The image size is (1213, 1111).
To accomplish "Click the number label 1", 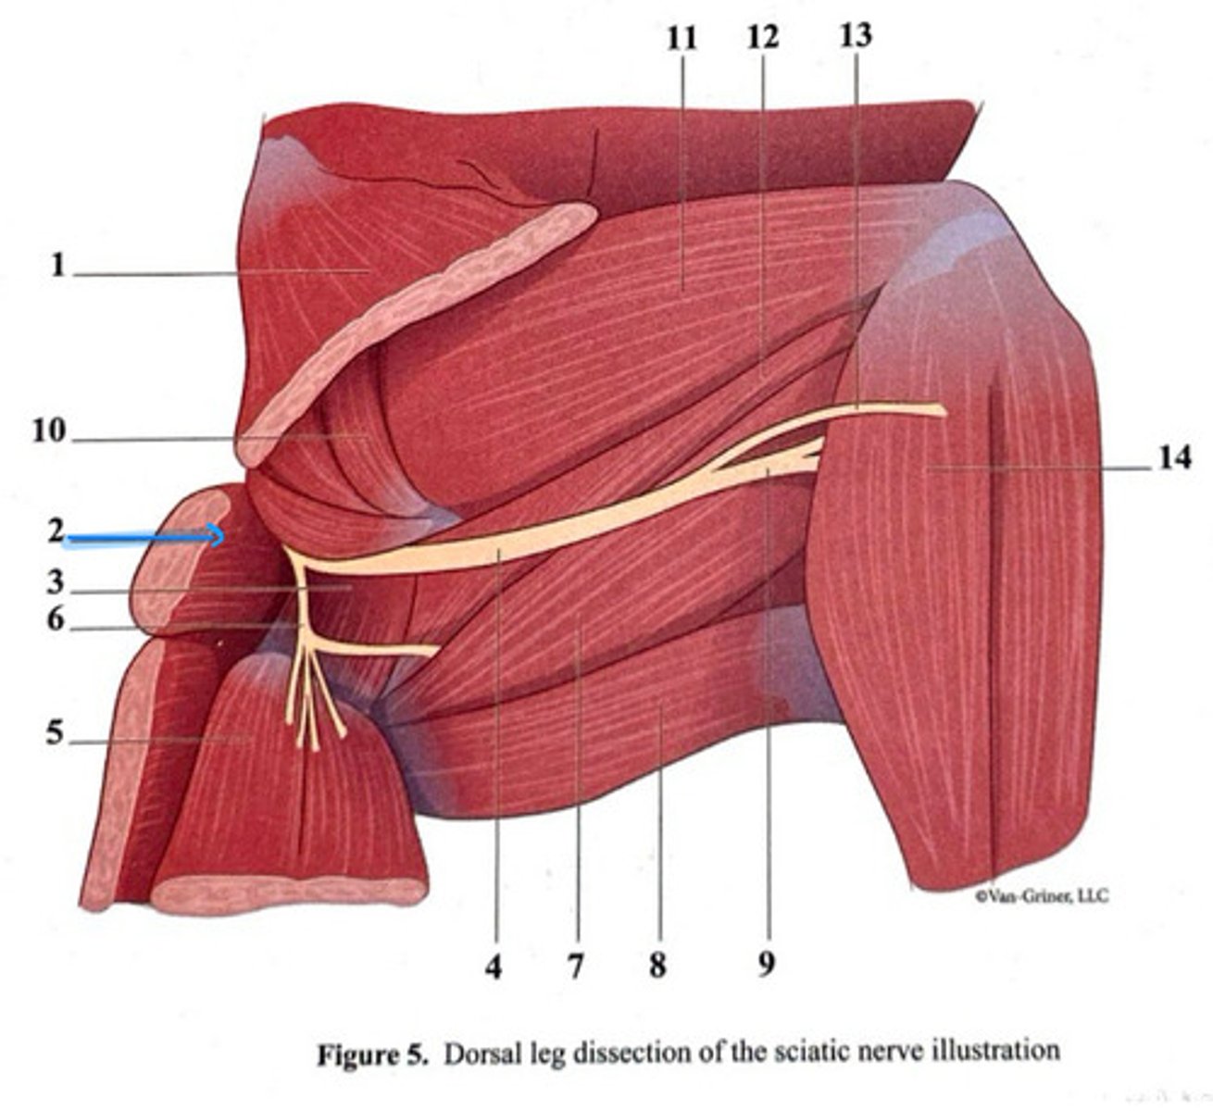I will click(57, 267).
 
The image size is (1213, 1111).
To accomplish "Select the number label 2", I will click(56, 531).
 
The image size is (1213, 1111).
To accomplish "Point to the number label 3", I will click(56, 583).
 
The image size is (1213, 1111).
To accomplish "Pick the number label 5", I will click(56, 734).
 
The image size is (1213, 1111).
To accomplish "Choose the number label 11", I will click(681, 38).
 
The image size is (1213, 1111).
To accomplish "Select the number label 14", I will click(1173, 458).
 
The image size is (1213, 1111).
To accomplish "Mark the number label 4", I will click(494, 967).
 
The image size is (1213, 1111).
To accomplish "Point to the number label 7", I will click(576, 967).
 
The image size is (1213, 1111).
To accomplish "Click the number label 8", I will click(657, 967).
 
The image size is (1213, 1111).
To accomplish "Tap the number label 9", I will click(765, 966).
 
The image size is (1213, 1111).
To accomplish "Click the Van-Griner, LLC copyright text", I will click(1041, 896).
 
